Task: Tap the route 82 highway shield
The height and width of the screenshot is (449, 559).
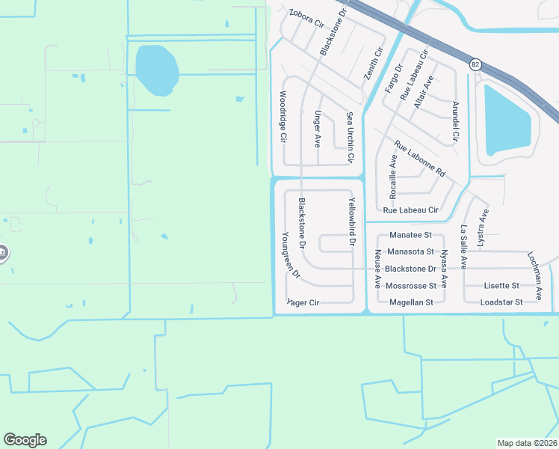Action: [475, 65]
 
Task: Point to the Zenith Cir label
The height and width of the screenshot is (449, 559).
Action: [372, 64]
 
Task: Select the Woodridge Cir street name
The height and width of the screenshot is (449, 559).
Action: [283, 117]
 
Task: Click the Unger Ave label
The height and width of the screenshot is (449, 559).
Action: [318, 128]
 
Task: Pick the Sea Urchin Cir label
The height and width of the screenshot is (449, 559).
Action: [349, 138]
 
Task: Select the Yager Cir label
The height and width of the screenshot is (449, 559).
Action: [303, 302]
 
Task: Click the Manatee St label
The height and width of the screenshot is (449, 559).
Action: [406, 235]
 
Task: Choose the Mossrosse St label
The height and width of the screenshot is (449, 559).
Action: [412, 286]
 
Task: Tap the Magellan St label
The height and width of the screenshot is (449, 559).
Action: [412, 302]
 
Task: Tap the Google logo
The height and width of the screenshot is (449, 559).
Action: [25, 440]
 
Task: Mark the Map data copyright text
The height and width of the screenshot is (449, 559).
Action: [527, 442]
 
